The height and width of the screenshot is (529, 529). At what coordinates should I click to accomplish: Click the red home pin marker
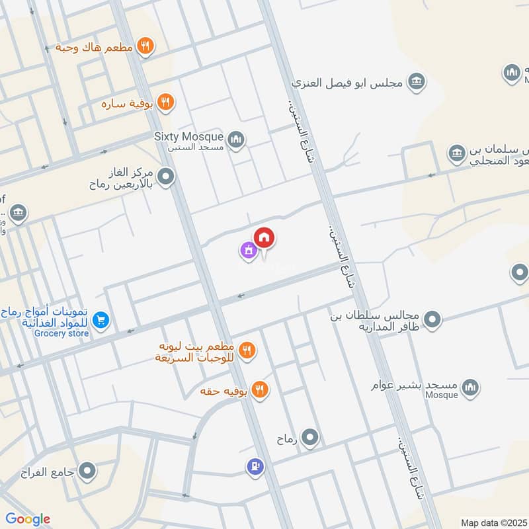point(264,237)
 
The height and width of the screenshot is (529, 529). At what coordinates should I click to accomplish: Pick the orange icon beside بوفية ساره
point(165,102)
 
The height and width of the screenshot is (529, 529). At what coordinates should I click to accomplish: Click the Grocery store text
point(63,333)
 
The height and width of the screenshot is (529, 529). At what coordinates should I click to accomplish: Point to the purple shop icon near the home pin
point(248,251)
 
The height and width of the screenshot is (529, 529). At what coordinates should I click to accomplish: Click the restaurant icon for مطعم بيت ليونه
point(247,350)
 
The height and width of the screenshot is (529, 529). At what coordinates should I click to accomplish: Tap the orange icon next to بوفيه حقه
point(261,391)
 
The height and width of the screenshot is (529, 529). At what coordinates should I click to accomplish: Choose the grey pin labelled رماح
point(309,437)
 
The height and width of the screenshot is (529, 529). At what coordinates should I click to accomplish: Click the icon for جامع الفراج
point(87,471)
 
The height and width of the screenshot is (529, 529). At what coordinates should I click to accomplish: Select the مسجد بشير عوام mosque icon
point(470,388)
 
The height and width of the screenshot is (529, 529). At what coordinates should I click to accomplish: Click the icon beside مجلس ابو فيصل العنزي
point(416,82)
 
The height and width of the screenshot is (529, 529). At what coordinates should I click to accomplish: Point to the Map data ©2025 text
point(493,522)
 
